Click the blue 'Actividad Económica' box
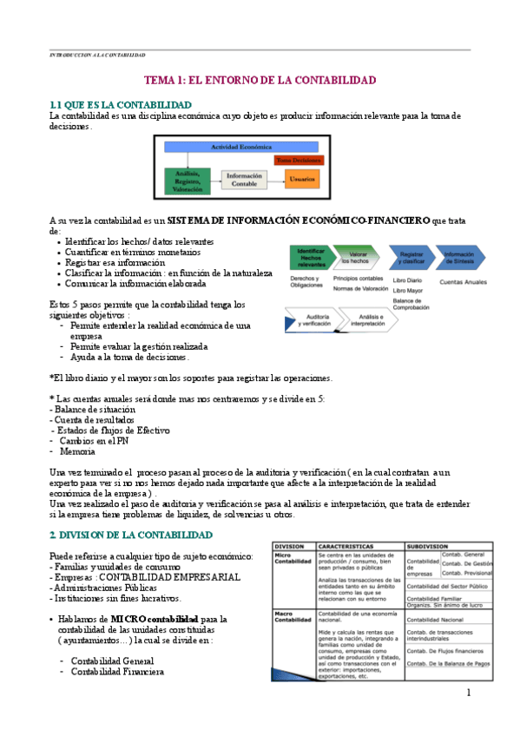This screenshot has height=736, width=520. point(241,148)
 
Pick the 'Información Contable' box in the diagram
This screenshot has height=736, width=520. point(244,180)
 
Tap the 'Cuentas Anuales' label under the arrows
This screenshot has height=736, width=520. point(464,281)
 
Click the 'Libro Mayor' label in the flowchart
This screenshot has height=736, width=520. point(409,290)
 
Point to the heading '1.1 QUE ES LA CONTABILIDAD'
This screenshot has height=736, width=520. point(121,104)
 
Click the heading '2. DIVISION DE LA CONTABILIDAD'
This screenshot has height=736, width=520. point(127,533)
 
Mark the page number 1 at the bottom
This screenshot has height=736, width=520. point(468,692)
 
